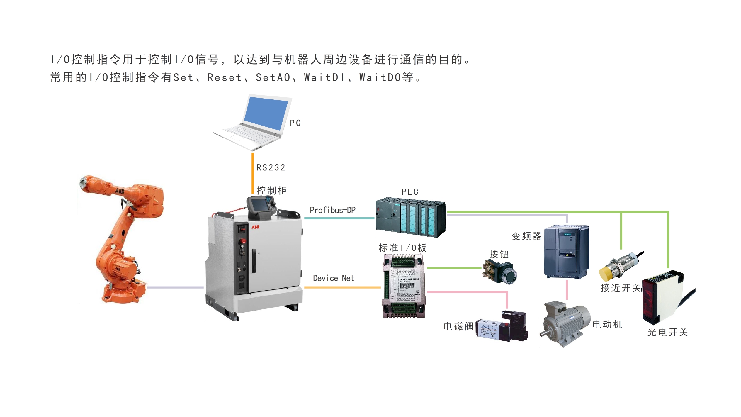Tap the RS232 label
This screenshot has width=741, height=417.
(271, 167)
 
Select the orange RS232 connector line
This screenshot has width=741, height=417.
(252, 173)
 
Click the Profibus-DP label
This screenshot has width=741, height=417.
(332, 210)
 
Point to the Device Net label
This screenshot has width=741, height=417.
(333, 278)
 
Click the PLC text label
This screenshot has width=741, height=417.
(410, 192)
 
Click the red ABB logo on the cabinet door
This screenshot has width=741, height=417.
(255, 227)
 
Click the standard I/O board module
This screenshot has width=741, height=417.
(404, 286)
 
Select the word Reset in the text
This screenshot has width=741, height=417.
(224, 77)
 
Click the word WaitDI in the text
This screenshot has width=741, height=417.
(324, 77)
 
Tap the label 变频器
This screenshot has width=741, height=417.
(526, 236)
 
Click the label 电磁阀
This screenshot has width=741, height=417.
(458, 326)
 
